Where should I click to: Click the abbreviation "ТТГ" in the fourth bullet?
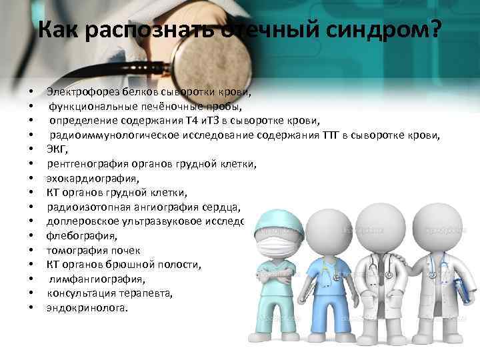coord(331,135)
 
